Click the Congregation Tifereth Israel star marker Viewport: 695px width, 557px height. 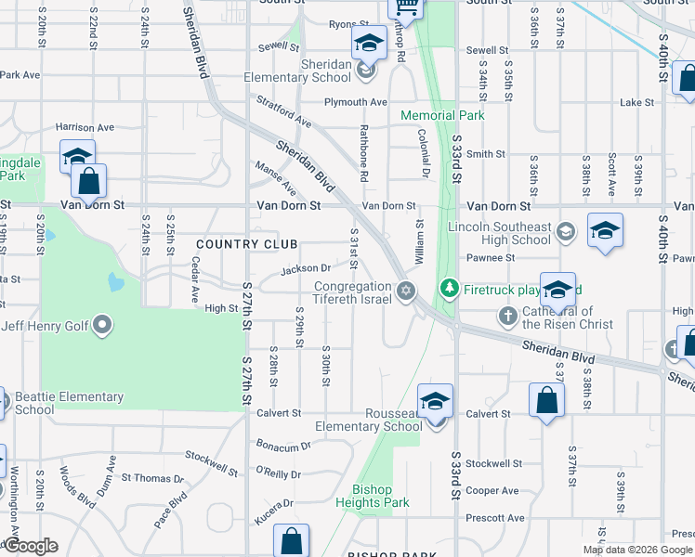[x=404, y=291]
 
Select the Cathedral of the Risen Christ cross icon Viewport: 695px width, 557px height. [x=508, y=317]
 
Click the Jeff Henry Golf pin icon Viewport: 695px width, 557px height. [x=102, y=325]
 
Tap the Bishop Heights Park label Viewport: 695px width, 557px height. [x=380, y=496]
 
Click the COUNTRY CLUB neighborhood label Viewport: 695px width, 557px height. [x=246, y=244]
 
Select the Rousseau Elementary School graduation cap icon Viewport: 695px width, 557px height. [x=434, y=401]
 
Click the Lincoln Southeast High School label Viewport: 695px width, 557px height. [x=499, y=233]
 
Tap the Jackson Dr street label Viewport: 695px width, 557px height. [x=306, y=269]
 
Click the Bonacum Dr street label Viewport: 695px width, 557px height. [x=284, y=446]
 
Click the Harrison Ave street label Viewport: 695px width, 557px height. [x=85, y=127]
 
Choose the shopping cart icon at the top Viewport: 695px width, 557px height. [x=405, y=7]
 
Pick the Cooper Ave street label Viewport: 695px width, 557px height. [x=492, y=490]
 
